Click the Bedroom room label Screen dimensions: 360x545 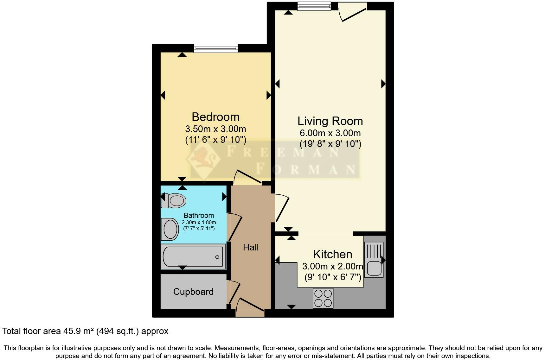pos(215,117)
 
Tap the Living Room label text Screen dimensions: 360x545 pos(330,121)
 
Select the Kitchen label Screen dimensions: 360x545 pos(332,255)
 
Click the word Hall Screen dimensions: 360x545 pos(251,248)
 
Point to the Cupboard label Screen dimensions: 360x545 pos(193,292)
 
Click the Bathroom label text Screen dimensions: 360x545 pos(199,216)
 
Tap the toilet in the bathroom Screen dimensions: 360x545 pos(174,200)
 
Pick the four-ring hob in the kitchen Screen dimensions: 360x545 pos(323,298)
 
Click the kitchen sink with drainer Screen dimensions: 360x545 pos(374,260)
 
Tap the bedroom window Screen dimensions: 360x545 pos(215,48)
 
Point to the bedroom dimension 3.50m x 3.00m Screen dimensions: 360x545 pos(215,129)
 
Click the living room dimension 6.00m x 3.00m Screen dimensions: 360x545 pos(330,133)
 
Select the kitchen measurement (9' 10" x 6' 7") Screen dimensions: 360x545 pos(333,277)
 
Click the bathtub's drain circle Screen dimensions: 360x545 pos(217,257)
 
